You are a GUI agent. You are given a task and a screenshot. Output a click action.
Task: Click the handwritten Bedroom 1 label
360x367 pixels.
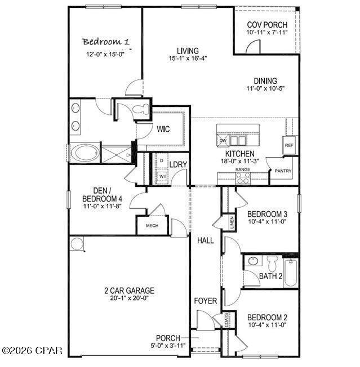click(x=106, y=42)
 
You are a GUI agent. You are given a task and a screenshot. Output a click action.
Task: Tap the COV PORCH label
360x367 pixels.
click(x=267, y=25)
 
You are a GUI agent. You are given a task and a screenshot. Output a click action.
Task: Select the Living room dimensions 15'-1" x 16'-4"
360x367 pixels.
click(x=188, y=59)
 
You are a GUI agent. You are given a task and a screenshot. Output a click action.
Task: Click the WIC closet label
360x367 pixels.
click(x=163, y=129)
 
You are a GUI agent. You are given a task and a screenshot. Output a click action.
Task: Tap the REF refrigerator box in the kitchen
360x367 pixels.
click(x=289, y=145)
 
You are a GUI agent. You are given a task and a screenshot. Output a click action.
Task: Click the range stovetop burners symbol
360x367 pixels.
click(x=243, y=178)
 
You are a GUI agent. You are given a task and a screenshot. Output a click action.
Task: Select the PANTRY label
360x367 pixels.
click(x=281, y=171)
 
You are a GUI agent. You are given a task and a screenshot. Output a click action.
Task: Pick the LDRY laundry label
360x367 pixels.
click(x=178, y=165)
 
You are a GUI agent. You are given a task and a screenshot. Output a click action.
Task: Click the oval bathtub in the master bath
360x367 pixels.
click(x=83, y=153)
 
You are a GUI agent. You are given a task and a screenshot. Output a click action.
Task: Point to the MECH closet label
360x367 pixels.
click(x=152, y=226)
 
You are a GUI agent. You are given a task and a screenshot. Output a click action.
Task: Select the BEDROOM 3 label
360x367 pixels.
click(x=267, y=214)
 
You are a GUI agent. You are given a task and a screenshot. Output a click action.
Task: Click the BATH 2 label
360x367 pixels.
click(x=270, y=276)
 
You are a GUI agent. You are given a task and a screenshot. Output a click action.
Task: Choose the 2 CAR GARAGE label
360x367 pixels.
click(x=129, y=290)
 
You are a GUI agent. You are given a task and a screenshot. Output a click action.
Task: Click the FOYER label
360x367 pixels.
click(x=206, y=301)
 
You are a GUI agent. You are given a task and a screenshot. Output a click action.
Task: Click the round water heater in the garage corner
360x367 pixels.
click(x=77, y=244)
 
